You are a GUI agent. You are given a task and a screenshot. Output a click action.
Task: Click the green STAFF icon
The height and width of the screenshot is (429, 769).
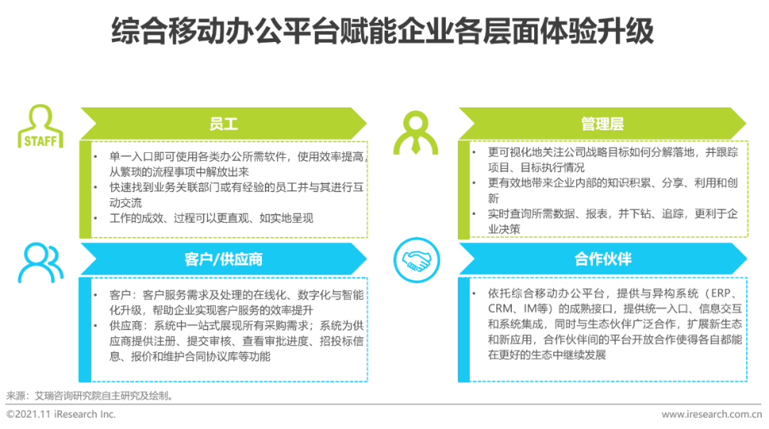click(40, 126)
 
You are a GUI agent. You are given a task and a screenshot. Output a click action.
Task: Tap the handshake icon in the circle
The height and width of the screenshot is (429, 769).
click(417, 260)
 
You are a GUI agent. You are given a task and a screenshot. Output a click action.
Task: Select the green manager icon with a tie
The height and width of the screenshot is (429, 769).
click(415, 133)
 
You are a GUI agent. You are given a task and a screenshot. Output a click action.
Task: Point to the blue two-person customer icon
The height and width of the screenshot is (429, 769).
click(40, 263)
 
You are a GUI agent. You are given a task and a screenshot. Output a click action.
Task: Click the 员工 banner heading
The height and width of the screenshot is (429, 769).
click(223, 124)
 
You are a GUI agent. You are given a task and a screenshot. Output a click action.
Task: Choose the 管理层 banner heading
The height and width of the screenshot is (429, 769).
click(602, 124)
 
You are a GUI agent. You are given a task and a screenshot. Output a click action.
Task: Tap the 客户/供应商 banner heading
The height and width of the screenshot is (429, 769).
click(223, 259)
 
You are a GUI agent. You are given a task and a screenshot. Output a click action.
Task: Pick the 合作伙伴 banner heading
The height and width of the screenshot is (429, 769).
click(603, 259)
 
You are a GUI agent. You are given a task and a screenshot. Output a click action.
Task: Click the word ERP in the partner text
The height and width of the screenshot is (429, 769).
click(721, 293)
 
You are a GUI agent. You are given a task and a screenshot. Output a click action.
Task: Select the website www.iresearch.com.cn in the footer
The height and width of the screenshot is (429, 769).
click(711, 414)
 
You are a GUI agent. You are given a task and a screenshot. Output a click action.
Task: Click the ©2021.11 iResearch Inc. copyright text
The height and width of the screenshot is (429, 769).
click(61, 414)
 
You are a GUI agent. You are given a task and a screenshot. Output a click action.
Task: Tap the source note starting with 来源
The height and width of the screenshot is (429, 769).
click(90, 396)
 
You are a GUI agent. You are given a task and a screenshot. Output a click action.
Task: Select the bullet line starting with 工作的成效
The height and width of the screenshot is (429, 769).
click(211, 218)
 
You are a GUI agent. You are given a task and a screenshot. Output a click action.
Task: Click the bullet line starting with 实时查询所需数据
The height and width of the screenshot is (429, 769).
click(612, 221)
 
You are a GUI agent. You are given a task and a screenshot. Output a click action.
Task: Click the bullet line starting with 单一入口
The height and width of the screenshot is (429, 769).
click(237, 164)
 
